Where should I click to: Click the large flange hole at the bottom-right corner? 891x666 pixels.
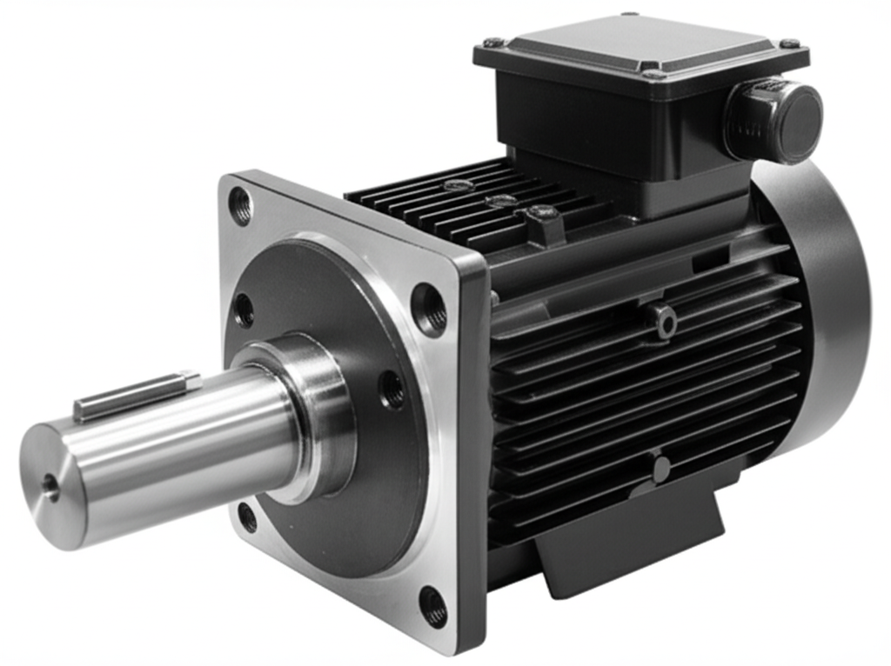pos(432,606)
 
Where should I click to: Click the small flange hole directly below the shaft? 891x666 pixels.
pos(248,517)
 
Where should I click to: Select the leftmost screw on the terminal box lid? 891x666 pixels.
pos(492,42)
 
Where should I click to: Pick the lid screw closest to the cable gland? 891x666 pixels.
pos(788,43)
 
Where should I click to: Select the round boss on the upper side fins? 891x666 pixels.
pos(666,322)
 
